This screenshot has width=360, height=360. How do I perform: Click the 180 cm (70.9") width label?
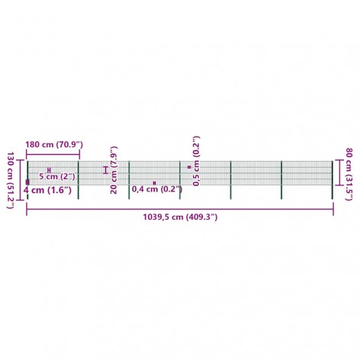[x=54, y=145]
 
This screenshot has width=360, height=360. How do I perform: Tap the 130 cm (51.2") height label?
[x=10, y=181]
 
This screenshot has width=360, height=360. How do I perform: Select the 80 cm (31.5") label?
[x=349, y=174]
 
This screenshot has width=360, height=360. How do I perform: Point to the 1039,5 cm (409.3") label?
[x=180, y=217]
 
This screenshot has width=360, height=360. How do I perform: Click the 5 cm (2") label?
[x=57, y=176]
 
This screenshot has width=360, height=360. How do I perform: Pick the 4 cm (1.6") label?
[x=47, y=190]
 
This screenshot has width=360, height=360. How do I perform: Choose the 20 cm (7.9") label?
[x=114, y=170]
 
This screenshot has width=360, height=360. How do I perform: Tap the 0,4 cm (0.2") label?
[x=157, y=189]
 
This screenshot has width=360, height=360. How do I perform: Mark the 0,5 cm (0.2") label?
[x=196, y=161]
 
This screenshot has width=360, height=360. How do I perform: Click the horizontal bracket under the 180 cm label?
[x=53, y=154]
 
